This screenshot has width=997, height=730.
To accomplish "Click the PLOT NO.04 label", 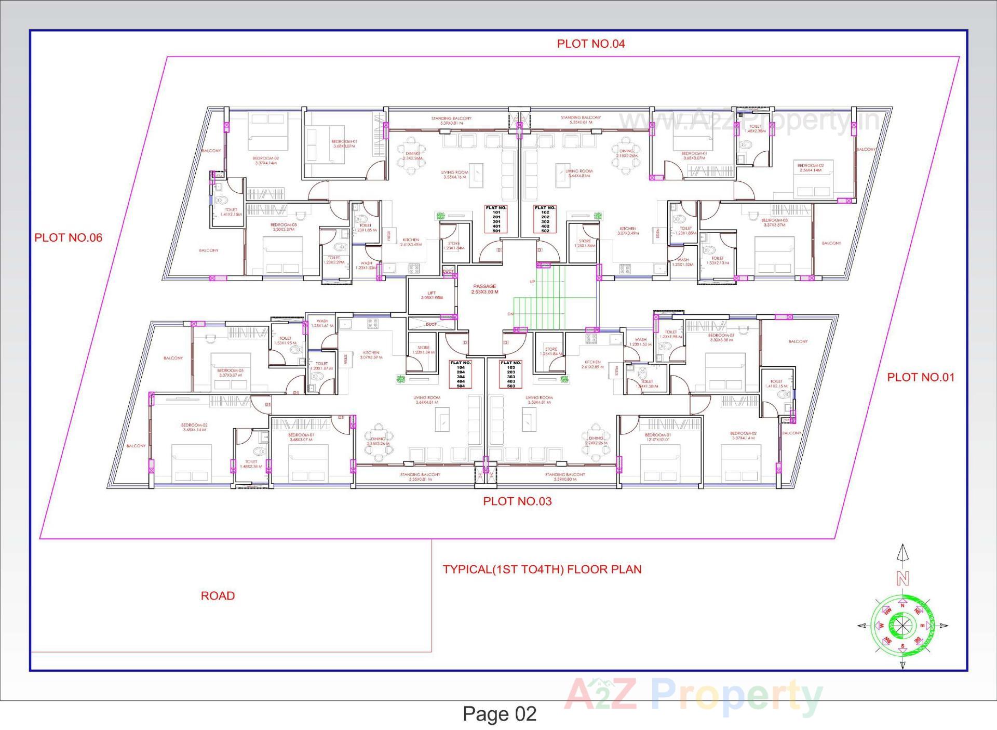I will (590, 44).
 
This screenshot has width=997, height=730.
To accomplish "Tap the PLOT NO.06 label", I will (68, 237).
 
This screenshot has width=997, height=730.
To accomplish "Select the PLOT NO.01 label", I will (920, 377).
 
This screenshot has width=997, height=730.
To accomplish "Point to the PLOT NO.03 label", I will (517, 501).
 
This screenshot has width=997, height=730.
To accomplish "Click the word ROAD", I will (218, 595).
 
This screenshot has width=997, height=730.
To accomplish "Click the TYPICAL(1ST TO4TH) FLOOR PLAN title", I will (542, 569).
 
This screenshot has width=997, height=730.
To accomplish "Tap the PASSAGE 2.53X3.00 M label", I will (484, 289).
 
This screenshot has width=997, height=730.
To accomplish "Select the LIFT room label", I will (432, 295).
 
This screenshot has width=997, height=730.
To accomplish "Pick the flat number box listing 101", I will (496, 219).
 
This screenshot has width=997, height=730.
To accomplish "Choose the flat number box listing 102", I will (545, 219).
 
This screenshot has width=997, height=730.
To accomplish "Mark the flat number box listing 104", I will (461, 374).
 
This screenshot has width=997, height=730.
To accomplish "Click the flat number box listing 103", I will (510, 374).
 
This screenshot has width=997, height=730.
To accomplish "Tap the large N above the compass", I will (902, 578).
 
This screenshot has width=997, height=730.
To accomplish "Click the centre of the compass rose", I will (902, 626).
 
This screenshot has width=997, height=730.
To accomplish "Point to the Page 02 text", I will (499, 713).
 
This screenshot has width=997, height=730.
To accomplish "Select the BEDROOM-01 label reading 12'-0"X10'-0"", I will (657, 437).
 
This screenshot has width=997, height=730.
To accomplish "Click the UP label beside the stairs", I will (532, 282).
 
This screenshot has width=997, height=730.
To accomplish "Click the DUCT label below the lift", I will (431, 324).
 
